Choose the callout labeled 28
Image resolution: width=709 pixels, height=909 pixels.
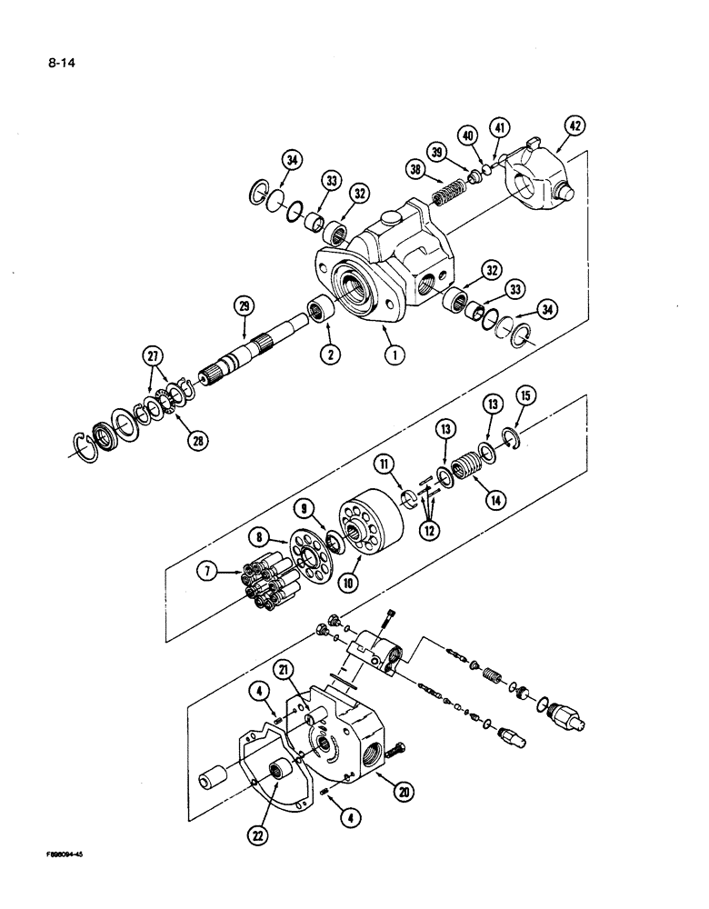click(195, 440)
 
